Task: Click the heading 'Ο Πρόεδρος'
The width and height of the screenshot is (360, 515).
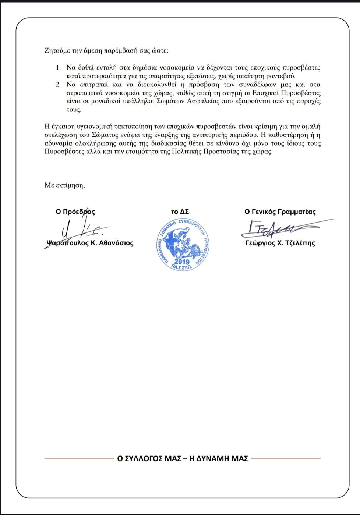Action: click(x=75, y=212)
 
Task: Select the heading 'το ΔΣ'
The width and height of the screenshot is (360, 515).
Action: click(x=180, y=212)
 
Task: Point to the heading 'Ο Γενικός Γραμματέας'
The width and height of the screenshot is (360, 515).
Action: click(x=280, y=212)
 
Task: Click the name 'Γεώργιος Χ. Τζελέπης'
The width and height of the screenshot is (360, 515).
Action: click(x=280, y=243)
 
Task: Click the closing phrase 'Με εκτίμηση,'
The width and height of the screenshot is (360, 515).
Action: click(x=65, y=185)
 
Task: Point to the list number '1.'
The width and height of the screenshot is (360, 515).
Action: click(x=58, y=68)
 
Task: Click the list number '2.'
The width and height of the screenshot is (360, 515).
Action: click(x=58, y=85)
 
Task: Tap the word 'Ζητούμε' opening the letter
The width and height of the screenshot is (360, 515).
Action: click(x=56, y=51)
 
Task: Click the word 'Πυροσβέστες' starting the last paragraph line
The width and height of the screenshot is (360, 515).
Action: click(x=61, y=152)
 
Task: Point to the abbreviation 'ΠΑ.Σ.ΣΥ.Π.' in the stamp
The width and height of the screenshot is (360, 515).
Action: click(x=181, y=267)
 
